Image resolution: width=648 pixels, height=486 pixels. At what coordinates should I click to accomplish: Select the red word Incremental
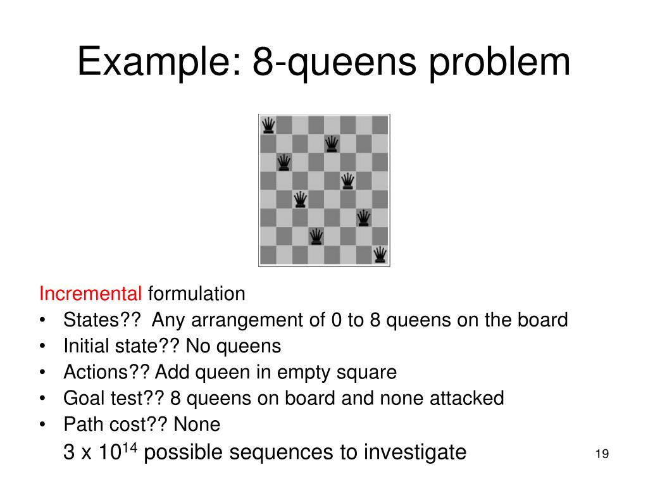[90, 294]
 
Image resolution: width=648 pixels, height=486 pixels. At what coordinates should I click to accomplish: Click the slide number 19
[602, 454]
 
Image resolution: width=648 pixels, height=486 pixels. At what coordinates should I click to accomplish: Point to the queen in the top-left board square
[268, 125]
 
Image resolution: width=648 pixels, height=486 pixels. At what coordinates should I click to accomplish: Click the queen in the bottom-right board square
[380, 255]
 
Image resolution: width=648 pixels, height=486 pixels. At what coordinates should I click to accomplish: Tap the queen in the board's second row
[332, 144]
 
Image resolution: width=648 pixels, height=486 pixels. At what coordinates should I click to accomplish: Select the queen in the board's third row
[285, 163]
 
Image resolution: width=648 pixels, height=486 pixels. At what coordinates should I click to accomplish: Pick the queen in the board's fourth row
[347, 181]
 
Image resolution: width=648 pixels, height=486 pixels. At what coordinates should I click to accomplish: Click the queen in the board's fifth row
[301, 200]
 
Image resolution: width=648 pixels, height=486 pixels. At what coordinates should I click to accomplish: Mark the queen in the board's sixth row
[363, 218]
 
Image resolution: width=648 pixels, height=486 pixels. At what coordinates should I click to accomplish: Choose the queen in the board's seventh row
[316, 237]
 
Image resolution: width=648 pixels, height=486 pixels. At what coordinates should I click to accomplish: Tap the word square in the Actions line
[370, 372]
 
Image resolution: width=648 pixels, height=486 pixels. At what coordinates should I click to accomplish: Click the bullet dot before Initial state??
[42, 346]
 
